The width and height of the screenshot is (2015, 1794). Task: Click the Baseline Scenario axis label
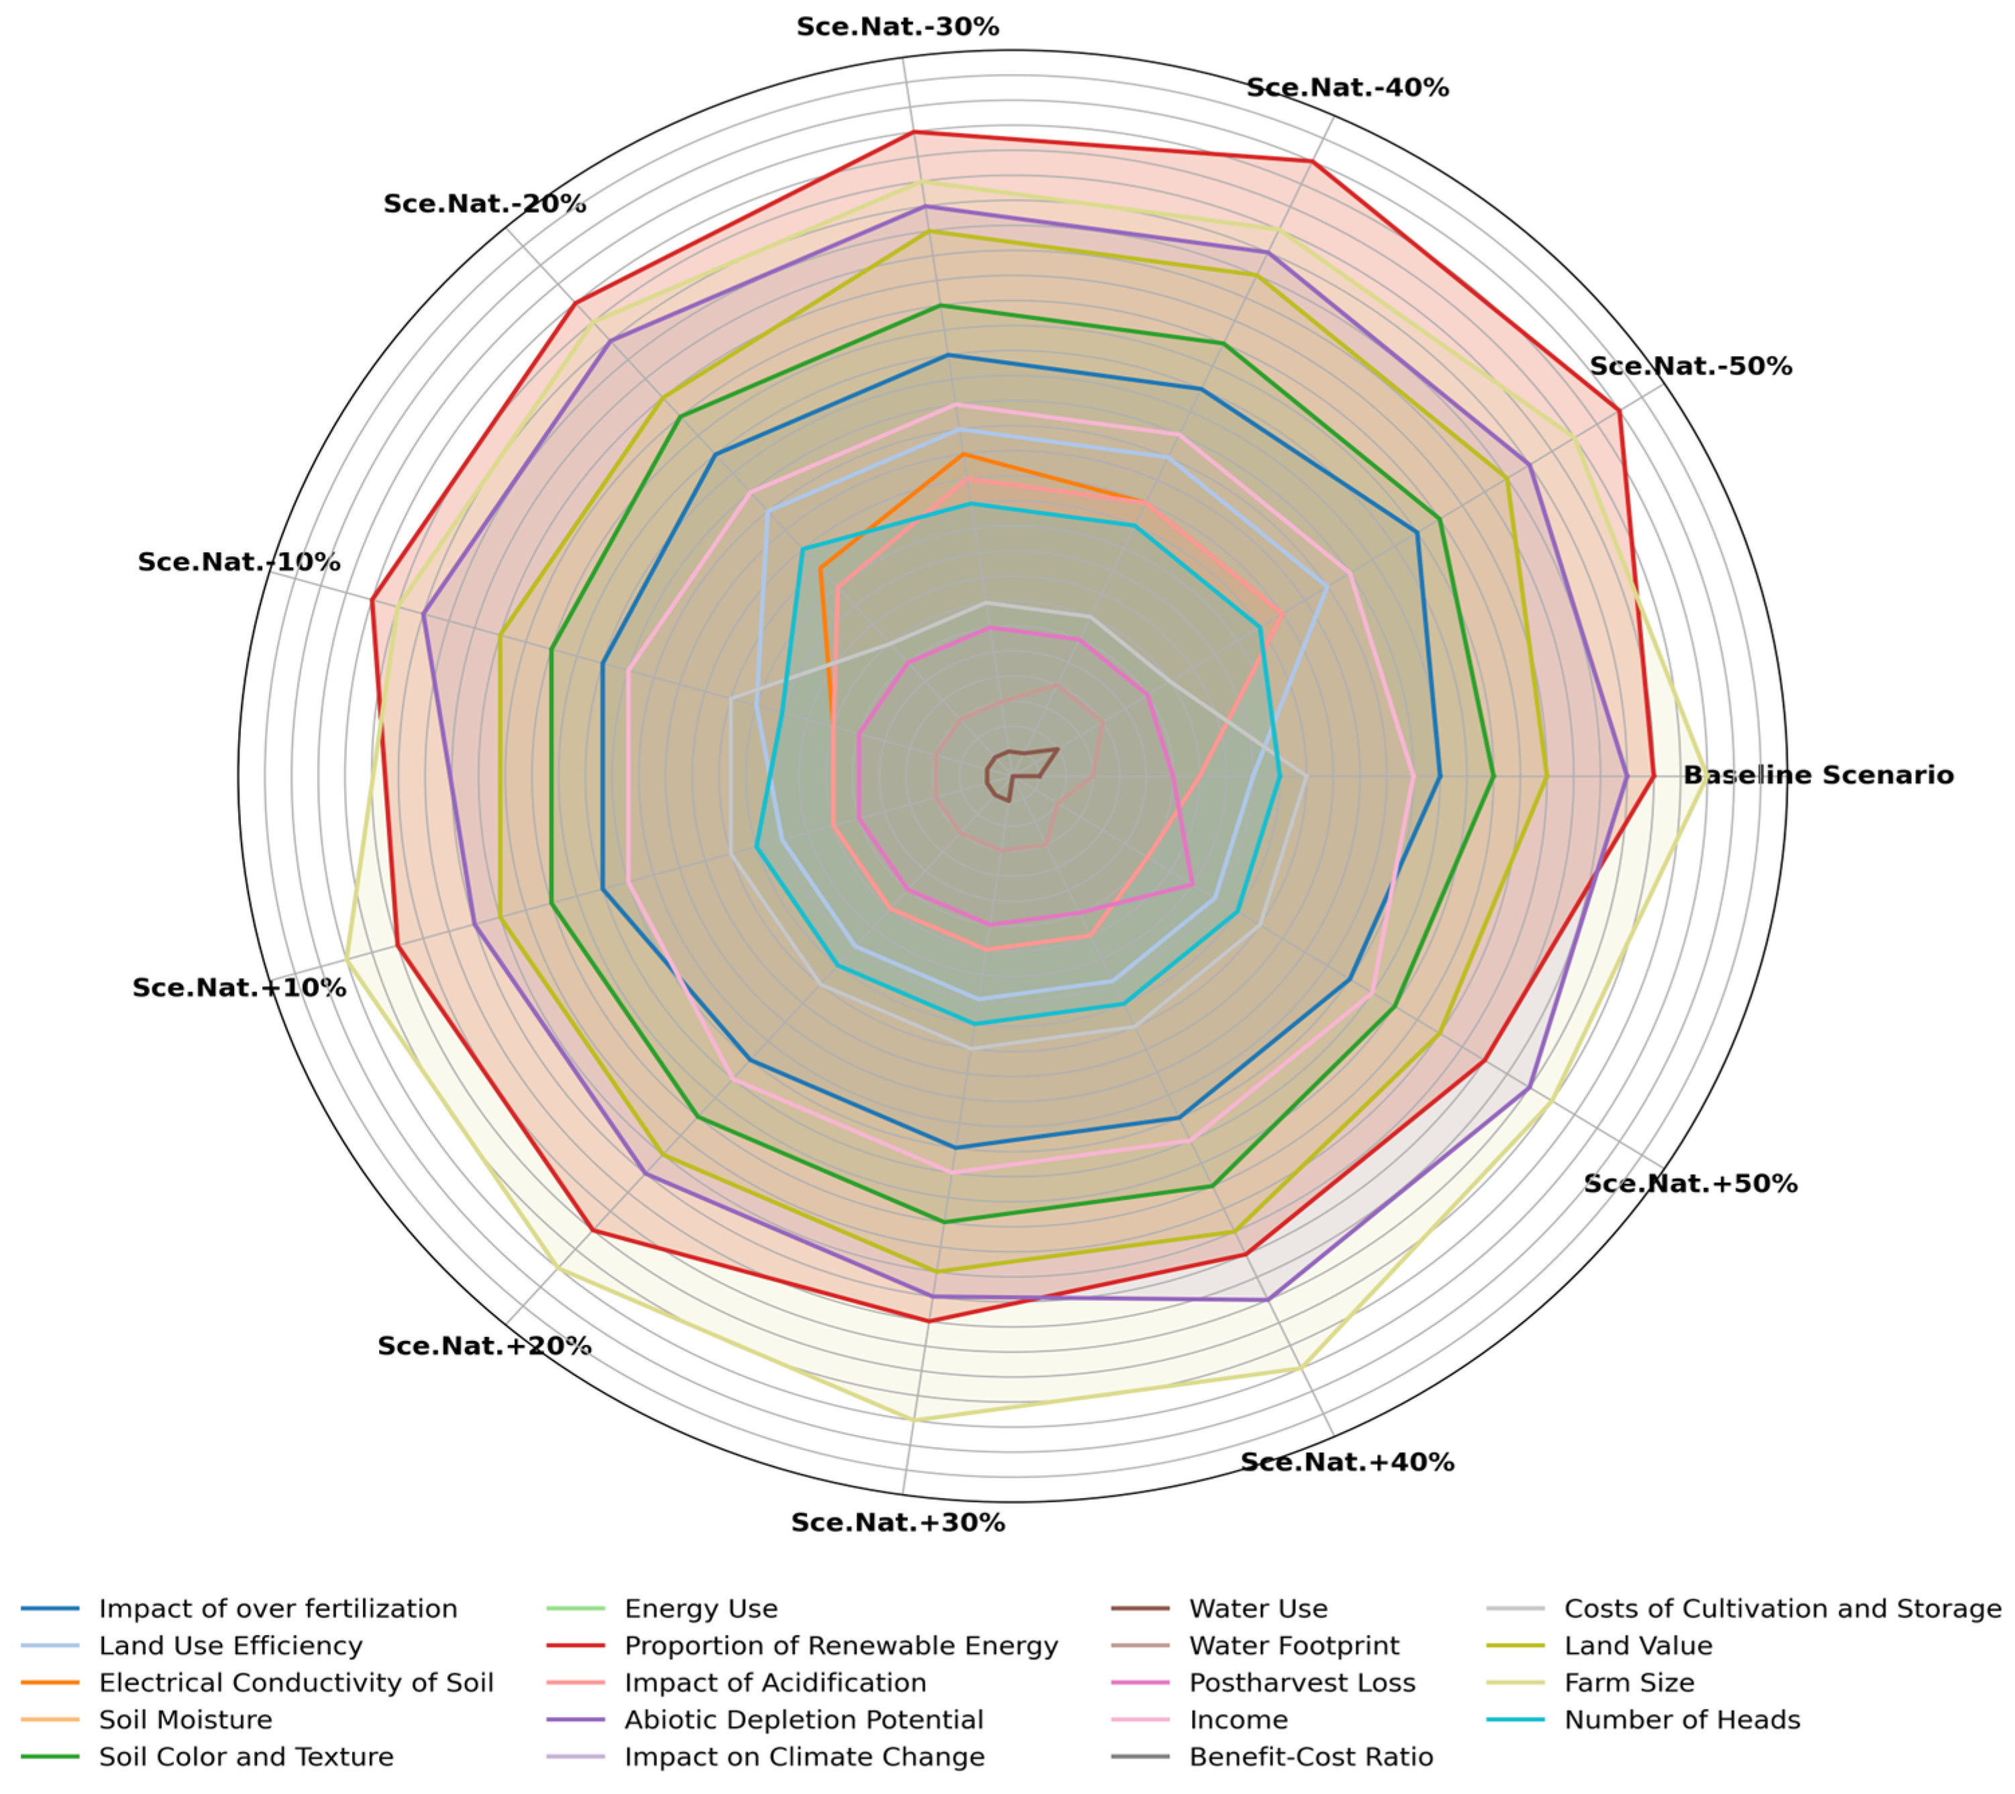(x=1817, y=775)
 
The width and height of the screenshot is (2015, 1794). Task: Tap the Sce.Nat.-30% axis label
(x=897, y=27)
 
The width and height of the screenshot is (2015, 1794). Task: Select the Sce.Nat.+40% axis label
(x=1347, y=1462)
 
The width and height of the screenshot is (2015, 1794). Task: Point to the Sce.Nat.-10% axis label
(x=239, y=562)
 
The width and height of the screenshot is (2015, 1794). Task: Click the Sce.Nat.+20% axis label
(x=484, y=1345)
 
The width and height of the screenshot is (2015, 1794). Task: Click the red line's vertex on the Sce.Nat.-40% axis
(x=1312, y=161)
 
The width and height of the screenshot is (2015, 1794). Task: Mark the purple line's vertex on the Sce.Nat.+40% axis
(x=1268, y=1300)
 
